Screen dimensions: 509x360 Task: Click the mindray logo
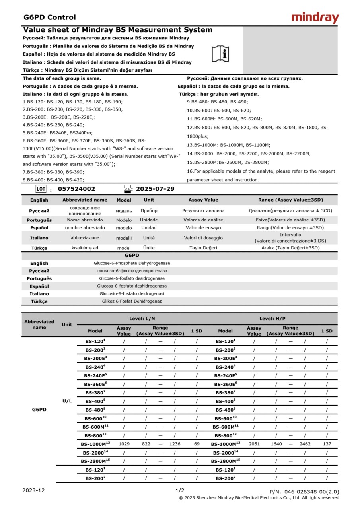click(315, 17)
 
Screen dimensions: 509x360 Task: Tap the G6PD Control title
click(49, 17)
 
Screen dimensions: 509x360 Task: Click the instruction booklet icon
click(220, 53)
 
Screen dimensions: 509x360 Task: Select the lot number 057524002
click(76, 189)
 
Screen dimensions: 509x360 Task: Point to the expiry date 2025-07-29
click(155, 189)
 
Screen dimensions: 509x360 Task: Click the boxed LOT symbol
click(41, 189)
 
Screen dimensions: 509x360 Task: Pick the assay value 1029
click(124, 443)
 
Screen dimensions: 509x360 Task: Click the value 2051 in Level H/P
click(254, 443)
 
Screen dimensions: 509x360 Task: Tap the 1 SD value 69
click(197, 443)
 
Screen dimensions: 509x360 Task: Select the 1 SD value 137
click(327, 443)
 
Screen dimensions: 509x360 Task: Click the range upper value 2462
click(305, 443)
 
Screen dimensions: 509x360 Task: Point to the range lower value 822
click(146, 443)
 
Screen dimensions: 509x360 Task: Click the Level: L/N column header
click(142, 319)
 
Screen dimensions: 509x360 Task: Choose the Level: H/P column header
click(272, 319)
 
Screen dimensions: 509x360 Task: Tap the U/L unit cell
click(67, 401)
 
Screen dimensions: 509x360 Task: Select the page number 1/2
click(180, 490)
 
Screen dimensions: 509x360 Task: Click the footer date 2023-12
click(33, 490)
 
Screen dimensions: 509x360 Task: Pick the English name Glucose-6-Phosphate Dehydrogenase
click(132, 263)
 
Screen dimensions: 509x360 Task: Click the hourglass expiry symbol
click(127, 189)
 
